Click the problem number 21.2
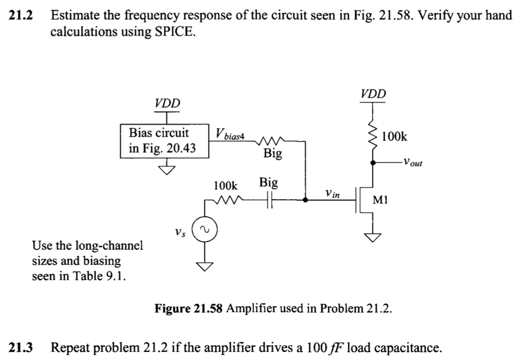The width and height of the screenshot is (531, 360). point(21,15)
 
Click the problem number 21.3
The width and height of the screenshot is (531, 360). point(21,347)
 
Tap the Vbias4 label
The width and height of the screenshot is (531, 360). point(230,133)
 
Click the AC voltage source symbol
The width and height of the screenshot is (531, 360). point(204,229)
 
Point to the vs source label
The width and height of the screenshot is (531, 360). point(180,232)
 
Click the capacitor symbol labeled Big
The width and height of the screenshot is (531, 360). point(270,201)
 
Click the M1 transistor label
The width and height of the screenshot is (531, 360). point(380,200)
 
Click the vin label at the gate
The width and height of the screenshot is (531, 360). point(332,194)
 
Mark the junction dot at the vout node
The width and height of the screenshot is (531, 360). point(373,163)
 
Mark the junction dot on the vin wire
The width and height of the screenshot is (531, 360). point(306,200)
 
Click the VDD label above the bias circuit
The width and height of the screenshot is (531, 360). point(167,103)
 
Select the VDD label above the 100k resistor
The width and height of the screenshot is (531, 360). point(373,93)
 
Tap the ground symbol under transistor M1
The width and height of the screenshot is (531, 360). point(373,237)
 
